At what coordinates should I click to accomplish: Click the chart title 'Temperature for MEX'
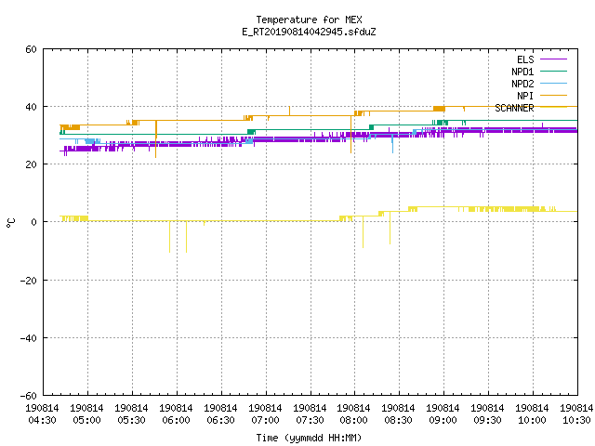309,20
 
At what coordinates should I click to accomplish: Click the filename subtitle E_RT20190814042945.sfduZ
309,32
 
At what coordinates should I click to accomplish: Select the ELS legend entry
541,59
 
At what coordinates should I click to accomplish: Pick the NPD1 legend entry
539,72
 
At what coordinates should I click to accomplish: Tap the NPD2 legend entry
539,84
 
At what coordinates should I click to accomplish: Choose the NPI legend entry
541,96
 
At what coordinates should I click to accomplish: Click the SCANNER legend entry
531,108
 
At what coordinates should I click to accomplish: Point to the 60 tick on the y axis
31,49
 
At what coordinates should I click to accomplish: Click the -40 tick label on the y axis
28,338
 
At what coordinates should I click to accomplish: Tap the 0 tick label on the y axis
33,222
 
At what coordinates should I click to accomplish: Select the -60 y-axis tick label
28,396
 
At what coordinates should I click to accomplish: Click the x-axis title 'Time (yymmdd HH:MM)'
309,438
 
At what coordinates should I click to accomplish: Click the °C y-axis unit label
10,223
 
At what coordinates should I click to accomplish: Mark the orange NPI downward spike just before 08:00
351,135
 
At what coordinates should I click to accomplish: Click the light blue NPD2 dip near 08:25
392,143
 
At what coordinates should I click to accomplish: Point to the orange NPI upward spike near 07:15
289,111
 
